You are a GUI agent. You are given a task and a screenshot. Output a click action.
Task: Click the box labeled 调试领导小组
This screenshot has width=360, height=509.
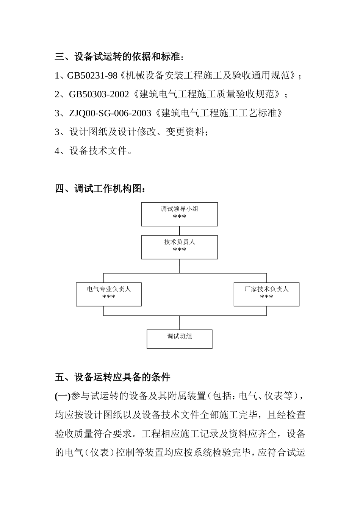click(179, 214)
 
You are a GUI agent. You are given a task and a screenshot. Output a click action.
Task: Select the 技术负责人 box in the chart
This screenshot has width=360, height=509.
click(179, 247)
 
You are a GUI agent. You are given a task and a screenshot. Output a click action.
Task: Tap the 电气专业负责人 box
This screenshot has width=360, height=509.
click(109, 294)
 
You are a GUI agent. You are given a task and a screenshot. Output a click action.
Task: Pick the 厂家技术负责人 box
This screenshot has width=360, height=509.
click(266, 294)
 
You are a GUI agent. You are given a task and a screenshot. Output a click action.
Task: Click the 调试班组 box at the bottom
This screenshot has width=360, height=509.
click(179, 339)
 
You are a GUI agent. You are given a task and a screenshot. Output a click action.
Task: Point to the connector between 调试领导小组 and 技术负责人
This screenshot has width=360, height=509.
click(180, 231)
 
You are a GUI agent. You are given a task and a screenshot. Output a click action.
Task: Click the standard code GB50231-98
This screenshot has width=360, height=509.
click(92, 76)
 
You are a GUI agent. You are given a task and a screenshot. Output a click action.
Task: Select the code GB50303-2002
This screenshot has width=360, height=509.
click(99, 94)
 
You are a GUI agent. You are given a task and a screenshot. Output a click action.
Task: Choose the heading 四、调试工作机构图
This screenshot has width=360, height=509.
click(100, 189)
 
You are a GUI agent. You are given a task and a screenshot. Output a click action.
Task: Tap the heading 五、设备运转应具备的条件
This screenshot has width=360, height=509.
click(113, 377)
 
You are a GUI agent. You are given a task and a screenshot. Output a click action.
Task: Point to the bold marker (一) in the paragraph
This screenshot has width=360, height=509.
click(63, 396)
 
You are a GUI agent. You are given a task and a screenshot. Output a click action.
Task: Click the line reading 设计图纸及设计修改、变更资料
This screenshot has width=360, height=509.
click(138, 132)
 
